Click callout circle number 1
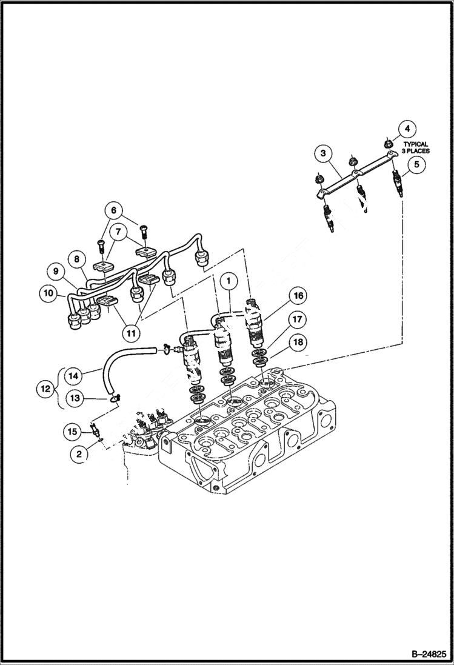pos(229,281)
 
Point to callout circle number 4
pos(407,129)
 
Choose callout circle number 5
pos(416,163)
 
